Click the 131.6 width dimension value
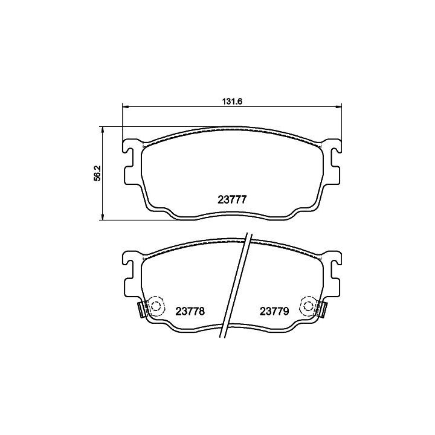coord(232,101)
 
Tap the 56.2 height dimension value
coord(97,173)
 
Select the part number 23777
coord(232,200)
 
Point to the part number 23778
coord(190,311)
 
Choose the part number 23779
coord(274,311)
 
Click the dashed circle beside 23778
coord(156,306)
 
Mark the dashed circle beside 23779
coord(308,306)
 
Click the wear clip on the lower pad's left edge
coord(142,309)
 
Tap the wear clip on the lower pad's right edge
coord(323,309)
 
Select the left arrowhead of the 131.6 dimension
coord(126,106)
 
